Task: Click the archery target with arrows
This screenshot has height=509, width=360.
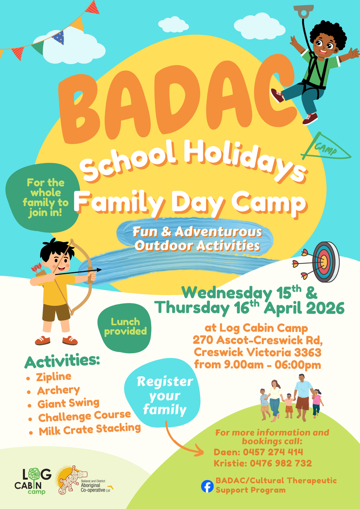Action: pos(316,262)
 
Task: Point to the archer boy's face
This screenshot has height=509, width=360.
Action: pos(59,262)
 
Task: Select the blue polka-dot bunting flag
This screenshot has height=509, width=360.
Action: pos(58,37)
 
